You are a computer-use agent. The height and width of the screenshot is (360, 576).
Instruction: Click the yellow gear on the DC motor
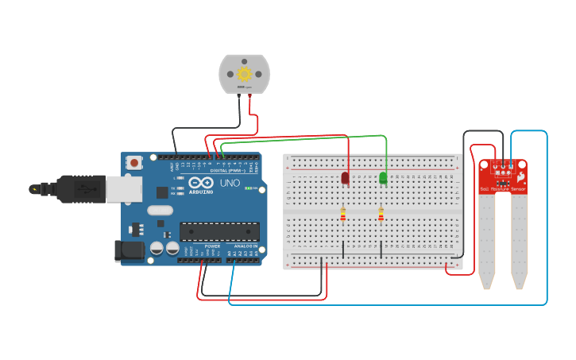[x=244, y=74]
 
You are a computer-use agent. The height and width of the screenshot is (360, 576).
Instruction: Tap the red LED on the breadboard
[x=345, y=178]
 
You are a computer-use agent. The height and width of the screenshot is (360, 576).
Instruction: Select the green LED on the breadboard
[x=383, y=178]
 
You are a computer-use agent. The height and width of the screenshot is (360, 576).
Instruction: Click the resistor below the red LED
[x=342, y=215]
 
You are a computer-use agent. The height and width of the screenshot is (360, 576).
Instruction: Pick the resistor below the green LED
[x=381, y=215]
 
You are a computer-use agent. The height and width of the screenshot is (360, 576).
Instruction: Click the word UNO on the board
[x=230, y=183]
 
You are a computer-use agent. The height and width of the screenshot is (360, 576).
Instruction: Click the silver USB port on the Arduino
[x=123, y=188]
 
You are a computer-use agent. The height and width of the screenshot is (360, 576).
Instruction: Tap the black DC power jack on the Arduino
[x=129, y=251]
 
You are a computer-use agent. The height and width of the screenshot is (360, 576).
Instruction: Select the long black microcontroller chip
[x=219, y=231]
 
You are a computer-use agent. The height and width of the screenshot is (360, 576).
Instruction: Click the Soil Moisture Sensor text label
[x=502, y=189]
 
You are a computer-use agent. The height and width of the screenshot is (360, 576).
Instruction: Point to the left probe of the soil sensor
[x=486, y=238]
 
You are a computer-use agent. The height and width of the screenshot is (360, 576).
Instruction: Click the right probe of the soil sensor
[x=519, y=238]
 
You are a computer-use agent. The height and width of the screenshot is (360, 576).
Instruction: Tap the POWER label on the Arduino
[x=213, y=246]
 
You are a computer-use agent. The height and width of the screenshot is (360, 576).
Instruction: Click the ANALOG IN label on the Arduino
[x=244, y=246]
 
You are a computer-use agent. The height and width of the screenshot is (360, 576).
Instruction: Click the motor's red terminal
[x=249, y=95]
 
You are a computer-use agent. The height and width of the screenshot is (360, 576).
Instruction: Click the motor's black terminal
[x=239, y=95]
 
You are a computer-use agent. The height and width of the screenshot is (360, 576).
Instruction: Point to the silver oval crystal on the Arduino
[x=159, y=211]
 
